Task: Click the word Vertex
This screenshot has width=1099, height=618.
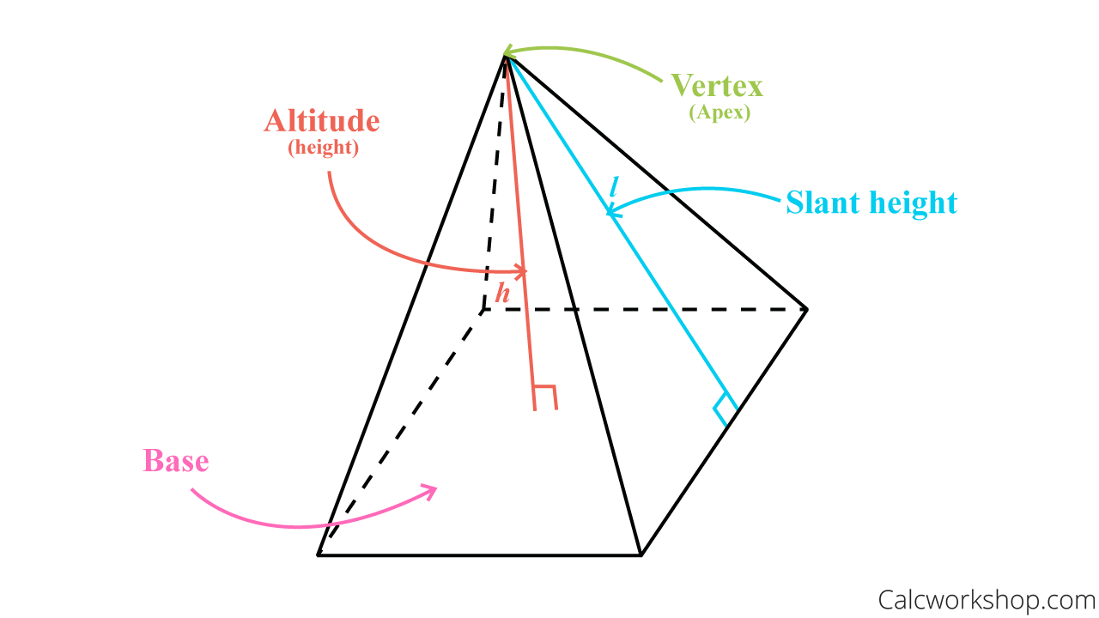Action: click(717, 86)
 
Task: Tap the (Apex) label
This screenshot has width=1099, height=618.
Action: click(720, 112)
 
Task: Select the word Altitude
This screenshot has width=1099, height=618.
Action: click(321, 121)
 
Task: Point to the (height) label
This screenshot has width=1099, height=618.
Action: click(323, 148)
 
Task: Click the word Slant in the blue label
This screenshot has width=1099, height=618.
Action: click(823, 203)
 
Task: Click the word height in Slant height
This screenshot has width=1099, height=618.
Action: click(914, 203)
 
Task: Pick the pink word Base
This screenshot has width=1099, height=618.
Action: click(176, 461)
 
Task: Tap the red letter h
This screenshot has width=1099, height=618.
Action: click(502, 294)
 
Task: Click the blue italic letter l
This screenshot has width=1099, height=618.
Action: click(613, 186)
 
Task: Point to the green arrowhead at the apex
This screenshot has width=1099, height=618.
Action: click(508, 51)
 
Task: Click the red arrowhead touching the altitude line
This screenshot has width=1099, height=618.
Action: click(519, 272)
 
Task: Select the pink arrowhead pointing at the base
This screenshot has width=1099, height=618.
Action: click(428, 491)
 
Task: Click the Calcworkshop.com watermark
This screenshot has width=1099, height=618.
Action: click(987, 598)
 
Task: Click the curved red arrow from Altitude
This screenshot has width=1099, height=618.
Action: click(369, 245)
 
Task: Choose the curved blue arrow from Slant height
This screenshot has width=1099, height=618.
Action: click(695, 191)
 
